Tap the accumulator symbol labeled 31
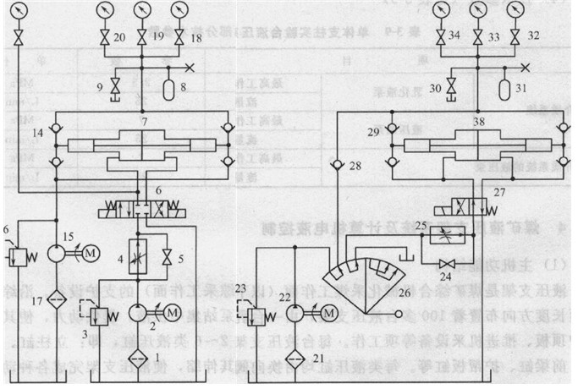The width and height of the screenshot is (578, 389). click(x=504, y=87)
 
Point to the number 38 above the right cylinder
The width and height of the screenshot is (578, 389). click(x=480, y=122)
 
